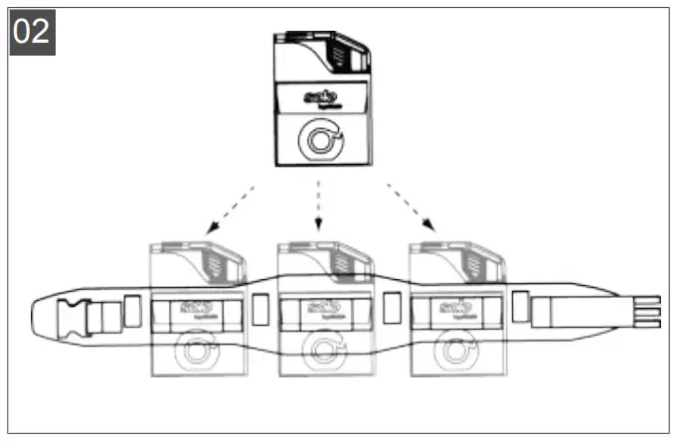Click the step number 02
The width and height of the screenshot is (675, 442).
point(31,32)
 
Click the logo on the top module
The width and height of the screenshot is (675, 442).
point(321,97)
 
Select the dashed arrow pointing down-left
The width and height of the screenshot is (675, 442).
point(228,208)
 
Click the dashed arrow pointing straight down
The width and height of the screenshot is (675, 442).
point(318,208)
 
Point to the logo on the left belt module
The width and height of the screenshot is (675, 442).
point(191,309)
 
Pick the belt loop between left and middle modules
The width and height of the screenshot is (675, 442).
point(260,311)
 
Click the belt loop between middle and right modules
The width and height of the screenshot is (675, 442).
point(391,311)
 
